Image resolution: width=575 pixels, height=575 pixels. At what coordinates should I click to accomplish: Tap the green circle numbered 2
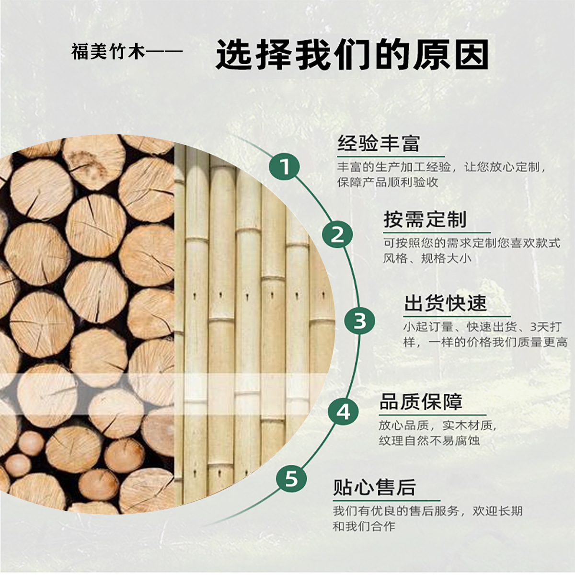[x=337, y=234]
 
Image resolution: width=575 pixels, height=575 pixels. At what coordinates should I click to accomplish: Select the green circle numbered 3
[x=359, y=321]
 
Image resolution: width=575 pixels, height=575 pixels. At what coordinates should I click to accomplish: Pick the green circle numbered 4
[x=343, y=412]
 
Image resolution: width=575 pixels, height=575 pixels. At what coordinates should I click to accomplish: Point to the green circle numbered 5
[x=291, y=479]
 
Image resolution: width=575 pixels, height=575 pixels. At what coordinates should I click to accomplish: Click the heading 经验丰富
[x=379, y=144]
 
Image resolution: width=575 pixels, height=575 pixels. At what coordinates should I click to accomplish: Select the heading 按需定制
[x=425, y=219]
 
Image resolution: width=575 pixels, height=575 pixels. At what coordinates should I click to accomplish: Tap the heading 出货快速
[x=445, y=303]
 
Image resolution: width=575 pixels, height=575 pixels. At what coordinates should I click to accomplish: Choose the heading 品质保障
[x=421, y=402]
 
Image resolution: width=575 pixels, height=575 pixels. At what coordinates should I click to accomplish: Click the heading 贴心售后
[x=375, y=488]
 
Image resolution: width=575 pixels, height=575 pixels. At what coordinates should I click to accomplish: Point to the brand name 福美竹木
[x=108, y=51]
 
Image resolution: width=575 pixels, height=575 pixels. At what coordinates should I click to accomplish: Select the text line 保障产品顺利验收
[x=388, y=182]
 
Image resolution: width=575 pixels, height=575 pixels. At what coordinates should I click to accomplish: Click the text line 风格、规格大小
[x=427, y=258]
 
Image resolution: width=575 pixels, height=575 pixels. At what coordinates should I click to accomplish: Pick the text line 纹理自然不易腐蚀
[x=429, y=440]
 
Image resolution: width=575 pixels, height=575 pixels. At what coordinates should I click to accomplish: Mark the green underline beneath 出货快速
[x=457, y=316]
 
